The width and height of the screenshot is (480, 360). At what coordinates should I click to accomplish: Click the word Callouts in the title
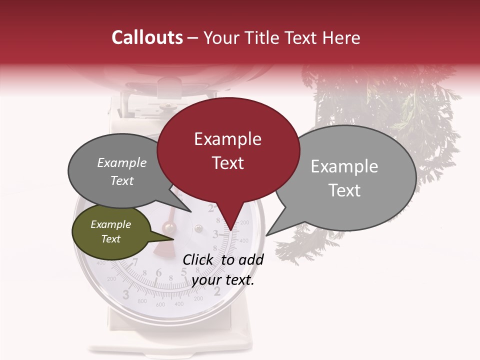click(x=147, y=37)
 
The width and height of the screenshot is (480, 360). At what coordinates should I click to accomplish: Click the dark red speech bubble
click(x=228, y=150)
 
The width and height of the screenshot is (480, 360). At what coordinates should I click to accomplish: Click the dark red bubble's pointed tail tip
click(x=230, y=230)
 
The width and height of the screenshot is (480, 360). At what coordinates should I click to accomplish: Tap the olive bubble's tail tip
click(x=174, y=238)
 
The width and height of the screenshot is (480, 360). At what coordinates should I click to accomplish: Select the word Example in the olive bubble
click(x=110, y=224)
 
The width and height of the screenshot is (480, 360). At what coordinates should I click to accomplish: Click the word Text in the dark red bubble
click(x=228, y=163)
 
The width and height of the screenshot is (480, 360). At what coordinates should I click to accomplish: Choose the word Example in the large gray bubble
click(x=344, y=166)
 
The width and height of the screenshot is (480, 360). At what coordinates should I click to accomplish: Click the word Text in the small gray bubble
click(x=122, y=181)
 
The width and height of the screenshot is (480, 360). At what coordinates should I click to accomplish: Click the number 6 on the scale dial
click(x=159, y=272)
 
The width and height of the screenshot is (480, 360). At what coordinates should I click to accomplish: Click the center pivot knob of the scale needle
click(x=169, y=228)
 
